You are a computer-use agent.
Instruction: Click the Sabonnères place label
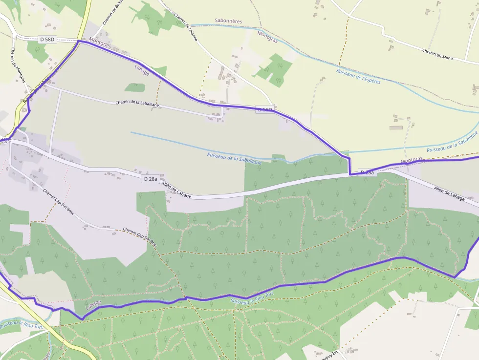click(228, 21)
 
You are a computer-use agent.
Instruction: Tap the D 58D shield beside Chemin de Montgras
click(47, 39)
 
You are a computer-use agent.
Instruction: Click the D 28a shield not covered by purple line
click(151, 179)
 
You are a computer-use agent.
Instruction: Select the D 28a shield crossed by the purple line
click(367, 172)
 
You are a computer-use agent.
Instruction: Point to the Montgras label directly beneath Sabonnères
click(267, 37)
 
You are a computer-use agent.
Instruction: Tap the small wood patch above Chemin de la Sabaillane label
click(135, 88)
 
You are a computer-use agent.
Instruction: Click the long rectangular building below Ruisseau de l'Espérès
click(396, 127)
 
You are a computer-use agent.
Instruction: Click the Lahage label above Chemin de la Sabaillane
click(142, 70)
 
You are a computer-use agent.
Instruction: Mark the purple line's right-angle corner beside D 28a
click(350, 173)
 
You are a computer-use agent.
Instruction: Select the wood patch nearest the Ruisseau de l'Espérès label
click(274, 68)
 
